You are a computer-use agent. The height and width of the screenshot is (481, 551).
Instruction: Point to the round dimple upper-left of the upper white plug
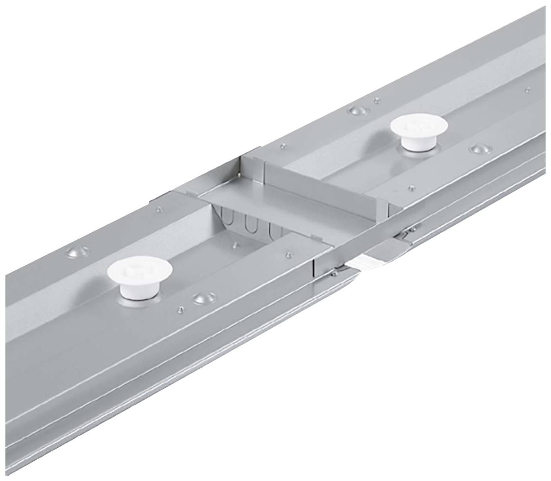pos(357,111)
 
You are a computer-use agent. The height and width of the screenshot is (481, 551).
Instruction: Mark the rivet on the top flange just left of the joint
pos(158,209)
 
